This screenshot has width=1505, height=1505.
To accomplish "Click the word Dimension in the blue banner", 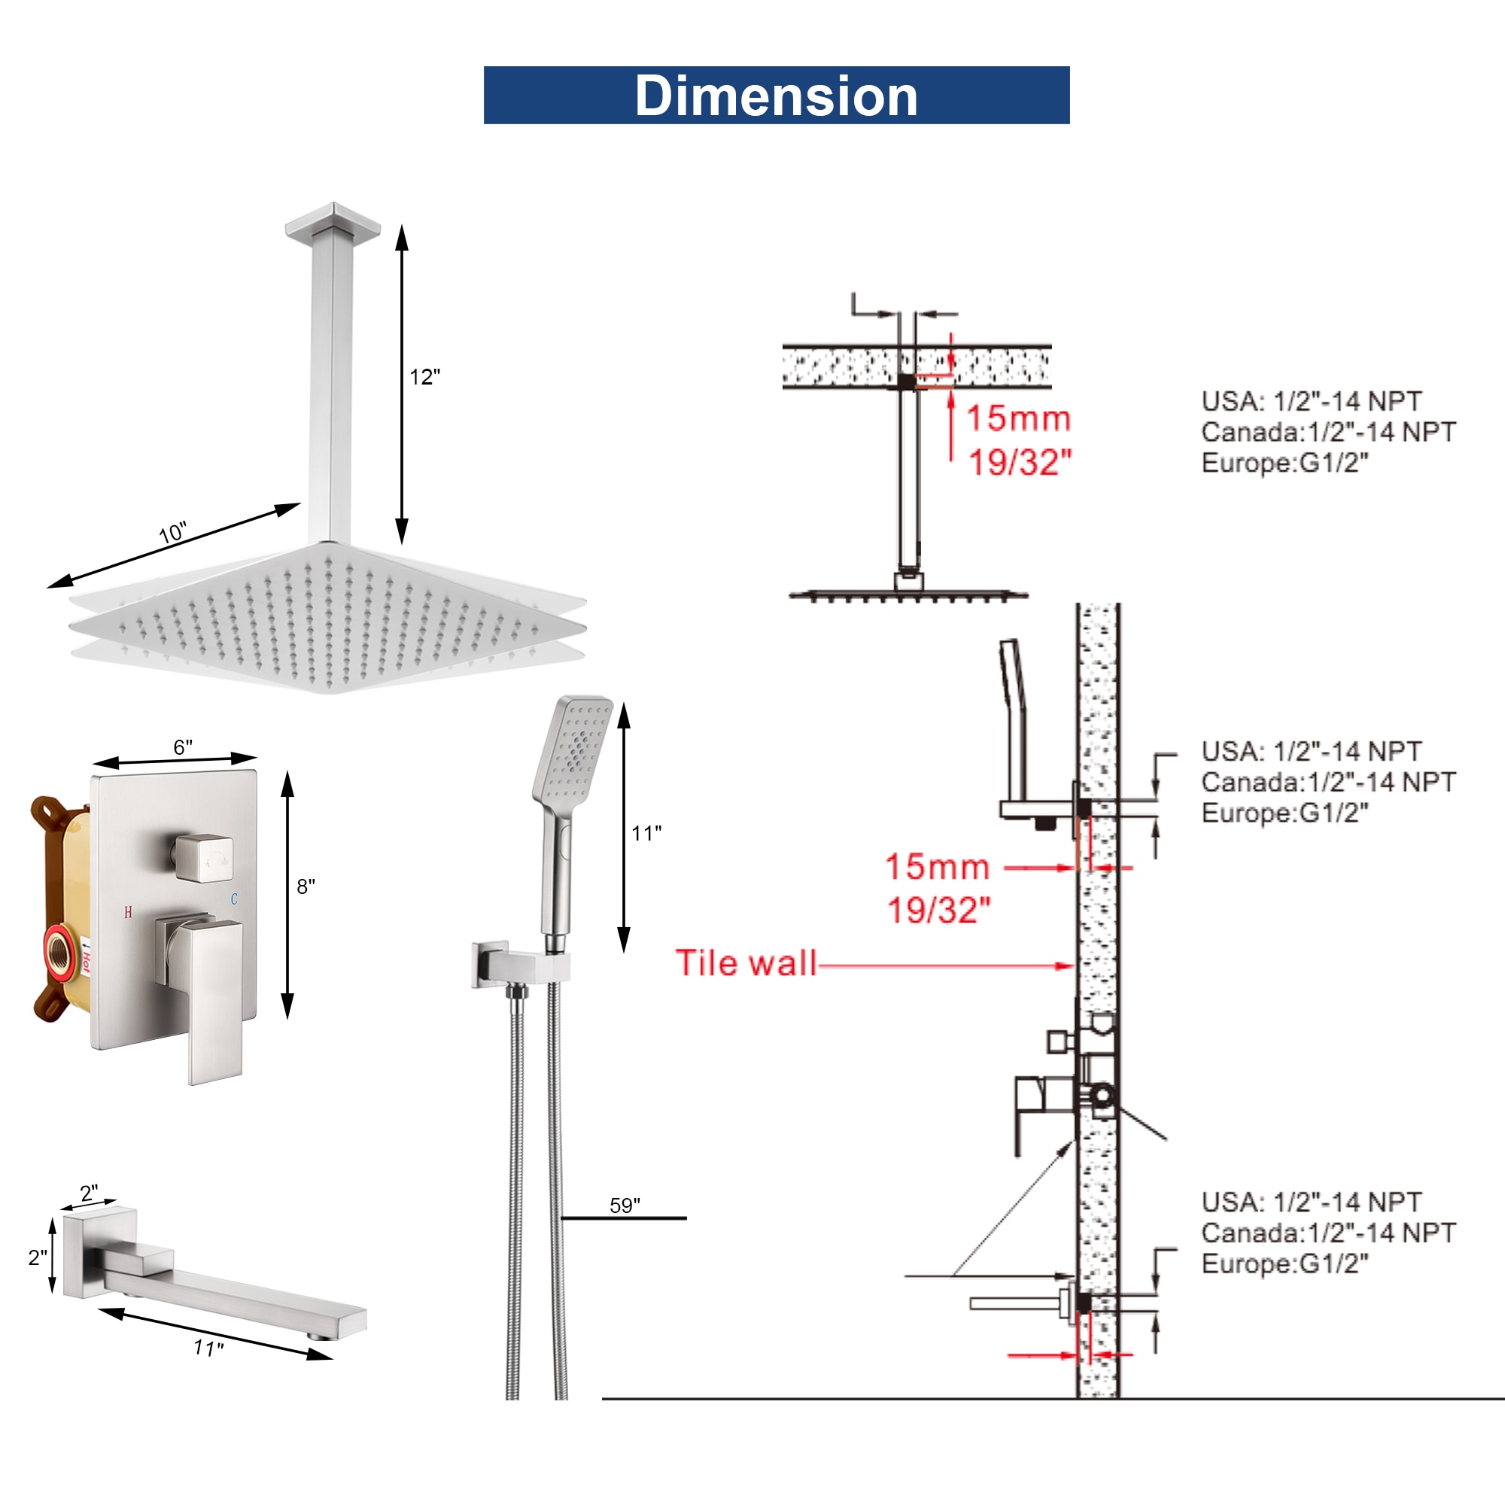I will pos(776,96).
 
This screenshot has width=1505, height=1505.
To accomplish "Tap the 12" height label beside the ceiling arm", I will pos(424,377).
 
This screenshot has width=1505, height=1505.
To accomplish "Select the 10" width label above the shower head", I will pos(172,533).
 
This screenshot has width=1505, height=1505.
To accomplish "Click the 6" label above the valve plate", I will pos(183,747).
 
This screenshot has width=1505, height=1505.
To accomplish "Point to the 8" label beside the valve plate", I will pos(306,886).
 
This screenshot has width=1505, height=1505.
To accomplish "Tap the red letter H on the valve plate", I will pos(128,912).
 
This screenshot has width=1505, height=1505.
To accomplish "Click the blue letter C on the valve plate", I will pos(234,899).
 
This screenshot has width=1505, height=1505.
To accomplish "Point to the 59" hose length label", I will pos(625,1206).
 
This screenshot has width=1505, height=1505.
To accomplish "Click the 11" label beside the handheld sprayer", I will pos(646,834).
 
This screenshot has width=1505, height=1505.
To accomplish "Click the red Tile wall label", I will pos(746,963).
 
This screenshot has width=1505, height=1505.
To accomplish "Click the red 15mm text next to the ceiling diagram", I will pos(1018,418).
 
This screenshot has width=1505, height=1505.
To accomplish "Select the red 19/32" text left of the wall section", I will pos(938,910).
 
